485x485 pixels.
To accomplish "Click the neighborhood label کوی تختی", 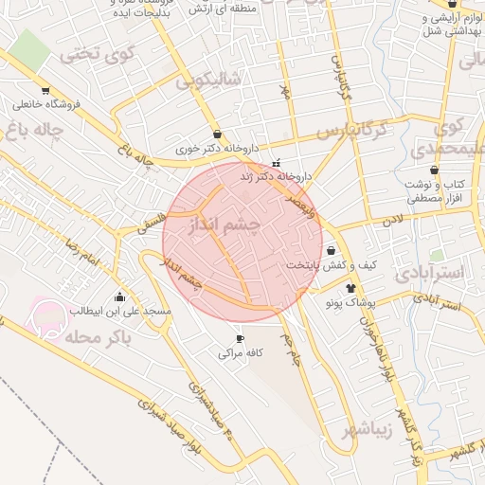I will point(92,54).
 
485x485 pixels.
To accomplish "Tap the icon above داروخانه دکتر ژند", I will point(277,163).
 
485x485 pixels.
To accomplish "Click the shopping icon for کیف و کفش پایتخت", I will point(331,250).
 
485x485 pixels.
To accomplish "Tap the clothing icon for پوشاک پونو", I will point(350,288).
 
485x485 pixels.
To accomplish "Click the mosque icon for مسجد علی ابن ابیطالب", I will point(119,297).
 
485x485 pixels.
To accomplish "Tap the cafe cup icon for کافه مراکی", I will point(240,338).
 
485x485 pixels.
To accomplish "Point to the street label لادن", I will point(392,221).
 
